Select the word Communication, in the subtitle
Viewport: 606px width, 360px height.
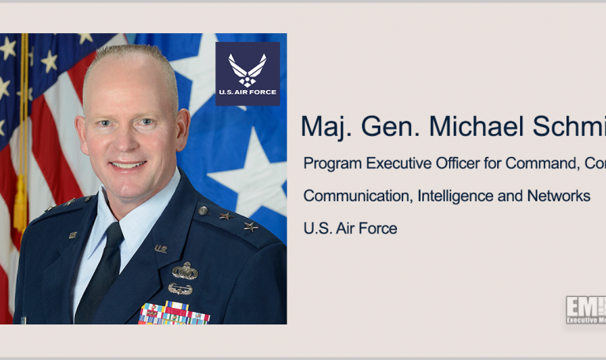(354, 196)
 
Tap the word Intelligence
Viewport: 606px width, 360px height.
(454, 196)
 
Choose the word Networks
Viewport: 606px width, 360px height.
(560, 196)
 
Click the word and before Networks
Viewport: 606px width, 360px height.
(516, 196)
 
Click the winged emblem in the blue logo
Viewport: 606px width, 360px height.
(248, 69)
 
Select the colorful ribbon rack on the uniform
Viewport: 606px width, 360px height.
(174, 313)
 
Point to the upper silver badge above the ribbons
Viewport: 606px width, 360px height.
(185, 271)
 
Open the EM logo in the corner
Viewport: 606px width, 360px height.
(585, 309)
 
